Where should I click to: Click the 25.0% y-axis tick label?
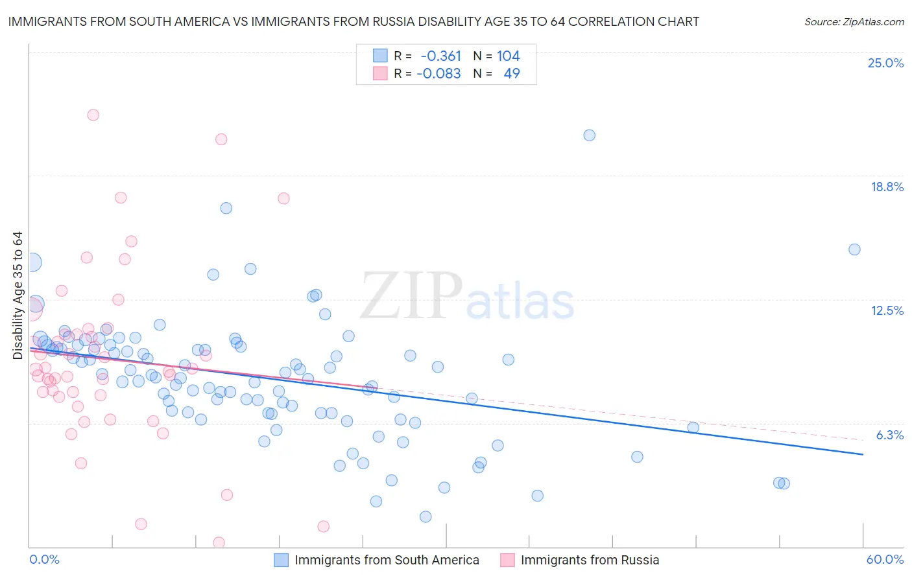(x=885, y=63)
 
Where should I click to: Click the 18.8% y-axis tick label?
(x=887, y=187)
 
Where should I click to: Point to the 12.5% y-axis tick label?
(x=887, y=310)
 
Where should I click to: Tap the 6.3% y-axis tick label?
(x=889, y=435)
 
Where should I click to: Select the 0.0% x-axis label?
(x=44, y=559)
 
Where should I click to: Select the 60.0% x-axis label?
(x=884, y=559)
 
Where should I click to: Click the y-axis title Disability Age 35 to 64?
(x=18, y=295)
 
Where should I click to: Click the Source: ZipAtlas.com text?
(x=854, y=22)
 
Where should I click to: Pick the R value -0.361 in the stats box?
(x=440, y=56)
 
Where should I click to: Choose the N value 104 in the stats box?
(x=508, y=56)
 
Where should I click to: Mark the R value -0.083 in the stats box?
(x=438, y=73)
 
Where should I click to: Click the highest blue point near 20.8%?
(x=589, y=135)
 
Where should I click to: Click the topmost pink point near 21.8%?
(x=93, y=115)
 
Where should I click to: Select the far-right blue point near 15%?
(x=854, y=249)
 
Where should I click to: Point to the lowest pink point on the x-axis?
(x=219, y=542)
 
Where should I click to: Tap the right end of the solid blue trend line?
(x=863, y=454)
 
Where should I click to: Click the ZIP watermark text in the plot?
(x=411, y=297)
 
